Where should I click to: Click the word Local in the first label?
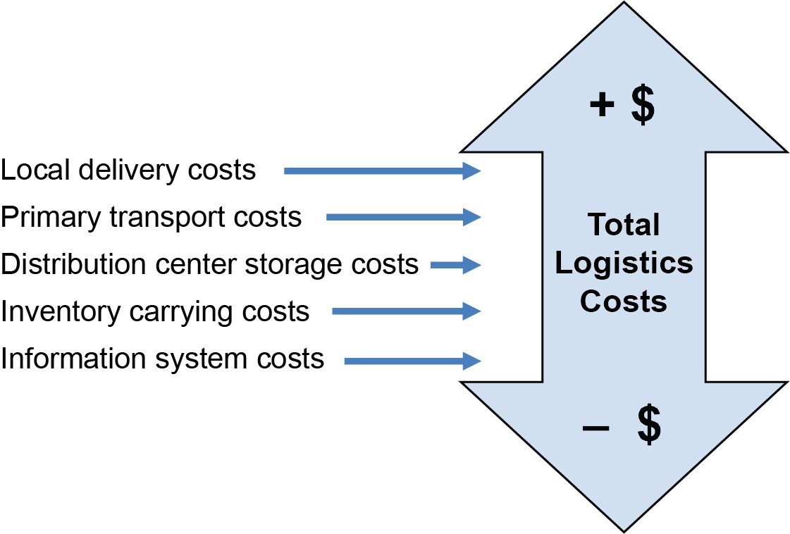[x=30, y=170]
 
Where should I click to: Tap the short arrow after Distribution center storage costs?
[x=455, y=266]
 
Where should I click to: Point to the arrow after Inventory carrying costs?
[x=406, y=311]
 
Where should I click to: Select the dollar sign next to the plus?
[x=641, y=106]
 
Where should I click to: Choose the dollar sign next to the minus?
[x=648, y=427]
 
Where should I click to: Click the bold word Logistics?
[x=624, y=263]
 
